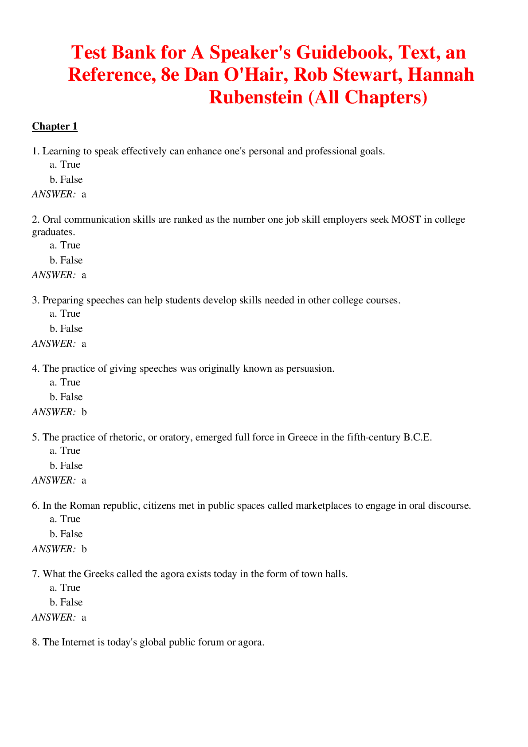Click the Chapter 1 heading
[55, 126]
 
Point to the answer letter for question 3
[84, 344]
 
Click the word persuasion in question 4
[310, 369]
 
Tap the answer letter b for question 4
[84, 412]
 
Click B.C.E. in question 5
[417, 437]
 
